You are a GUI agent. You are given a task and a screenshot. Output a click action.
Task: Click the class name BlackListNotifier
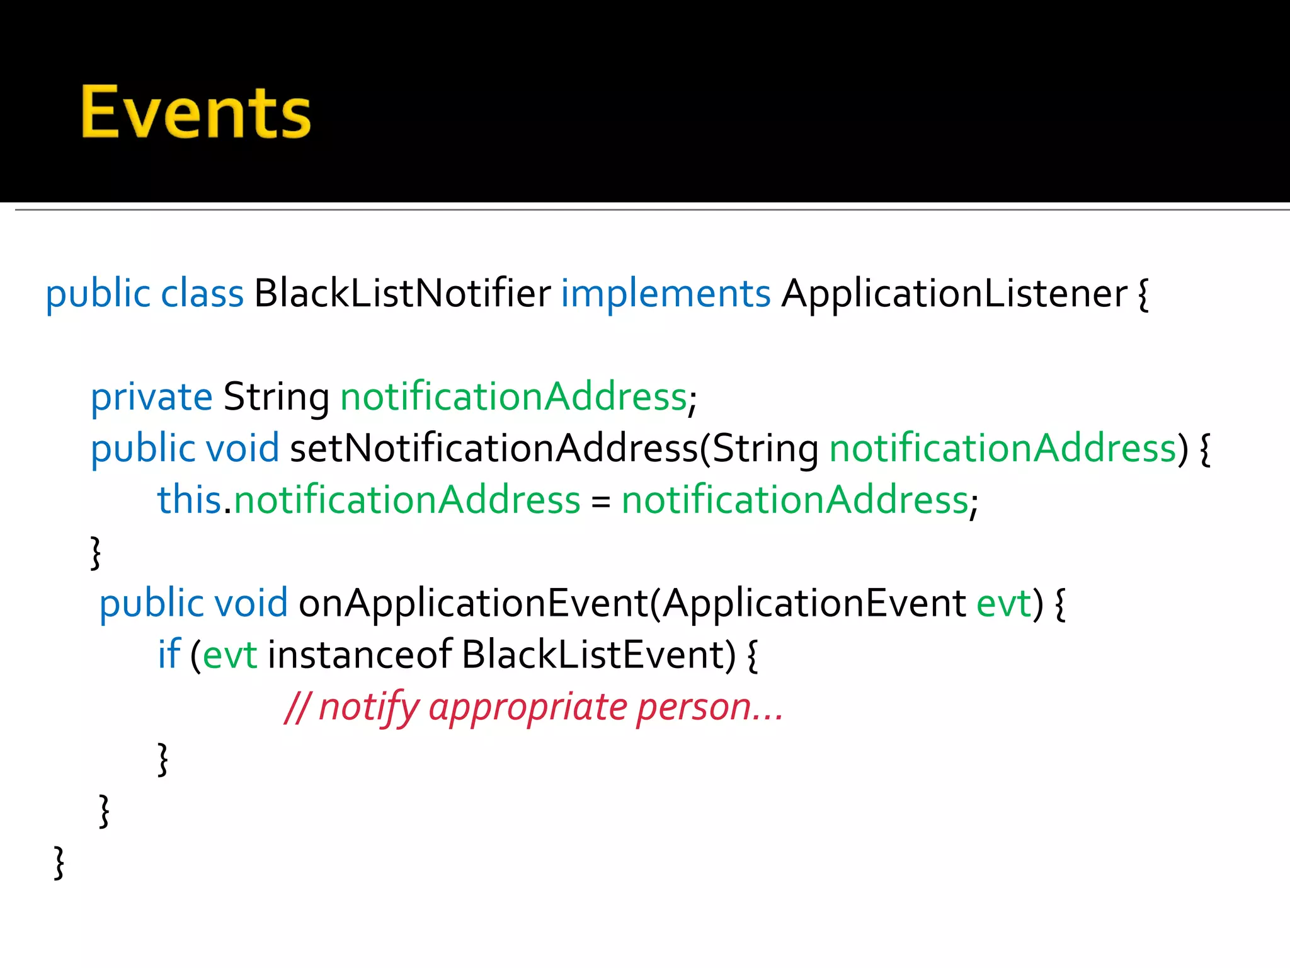point(402,294)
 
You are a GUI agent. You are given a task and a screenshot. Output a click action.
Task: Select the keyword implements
point(665,294)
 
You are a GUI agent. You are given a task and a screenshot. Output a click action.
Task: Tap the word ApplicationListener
point(954,294)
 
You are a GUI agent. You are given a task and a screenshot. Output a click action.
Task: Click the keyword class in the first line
point(202,294)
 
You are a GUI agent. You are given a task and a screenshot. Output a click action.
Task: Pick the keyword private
point(151,397)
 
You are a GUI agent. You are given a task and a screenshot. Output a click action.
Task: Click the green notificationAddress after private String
point(513,397)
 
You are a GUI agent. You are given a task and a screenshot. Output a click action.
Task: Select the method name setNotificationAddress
point(493,449)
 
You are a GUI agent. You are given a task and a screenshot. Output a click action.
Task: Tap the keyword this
point(188,500)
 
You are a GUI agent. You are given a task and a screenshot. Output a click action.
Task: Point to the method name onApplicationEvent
point(473,604)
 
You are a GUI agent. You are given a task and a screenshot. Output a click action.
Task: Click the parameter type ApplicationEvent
point(814,604)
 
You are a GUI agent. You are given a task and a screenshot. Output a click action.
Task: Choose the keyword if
point(169,655)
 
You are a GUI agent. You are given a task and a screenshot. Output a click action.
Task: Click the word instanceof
point(360,655)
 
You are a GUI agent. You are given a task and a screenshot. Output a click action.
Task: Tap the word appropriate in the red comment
point(528,708)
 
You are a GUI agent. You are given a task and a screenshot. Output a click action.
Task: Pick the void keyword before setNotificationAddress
point(243,449)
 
